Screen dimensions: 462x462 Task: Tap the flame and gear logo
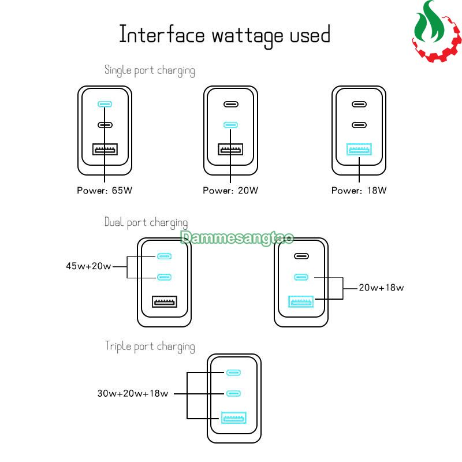click(437, 31)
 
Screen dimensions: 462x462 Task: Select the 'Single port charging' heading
click(150, 70)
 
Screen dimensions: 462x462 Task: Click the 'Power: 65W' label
click(105, 191)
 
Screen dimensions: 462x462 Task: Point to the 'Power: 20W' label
click(230, 191)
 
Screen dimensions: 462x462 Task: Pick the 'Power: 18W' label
click(359, 191)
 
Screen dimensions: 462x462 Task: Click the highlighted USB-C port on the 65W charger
click(105, 104)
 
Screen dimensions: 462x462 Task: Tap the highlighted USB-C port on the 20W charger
click(230, 125)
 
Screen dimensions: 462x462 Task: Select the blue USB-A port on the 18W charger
click(359, 149)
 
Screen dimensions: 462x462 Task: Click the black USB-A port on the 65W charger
click(105, 149)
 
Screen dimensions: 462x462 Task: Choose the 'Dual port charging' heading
click(146, 222)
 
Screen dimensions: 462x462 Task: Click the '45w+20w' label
click(88, 266)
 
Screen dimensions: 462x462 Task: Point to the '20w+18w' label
click(381, 288)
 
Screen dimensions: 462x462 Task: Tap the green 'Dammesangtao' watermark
click(237, 238)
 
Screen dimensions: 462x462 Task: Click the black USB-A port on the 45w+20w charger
click(165, 301)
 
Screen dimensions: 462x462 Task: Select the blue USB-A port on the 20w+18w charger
click(301, 301)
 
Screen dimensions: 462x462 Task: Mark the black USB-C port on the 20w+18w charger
click(301, 256)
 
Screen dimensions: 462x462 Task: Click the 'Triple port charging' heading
click(150, 346)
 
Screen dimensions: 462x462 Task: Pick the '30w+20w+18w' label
click(133, 393)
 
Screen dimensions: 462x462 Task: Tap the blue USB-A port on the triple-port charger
click(234, 418)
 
